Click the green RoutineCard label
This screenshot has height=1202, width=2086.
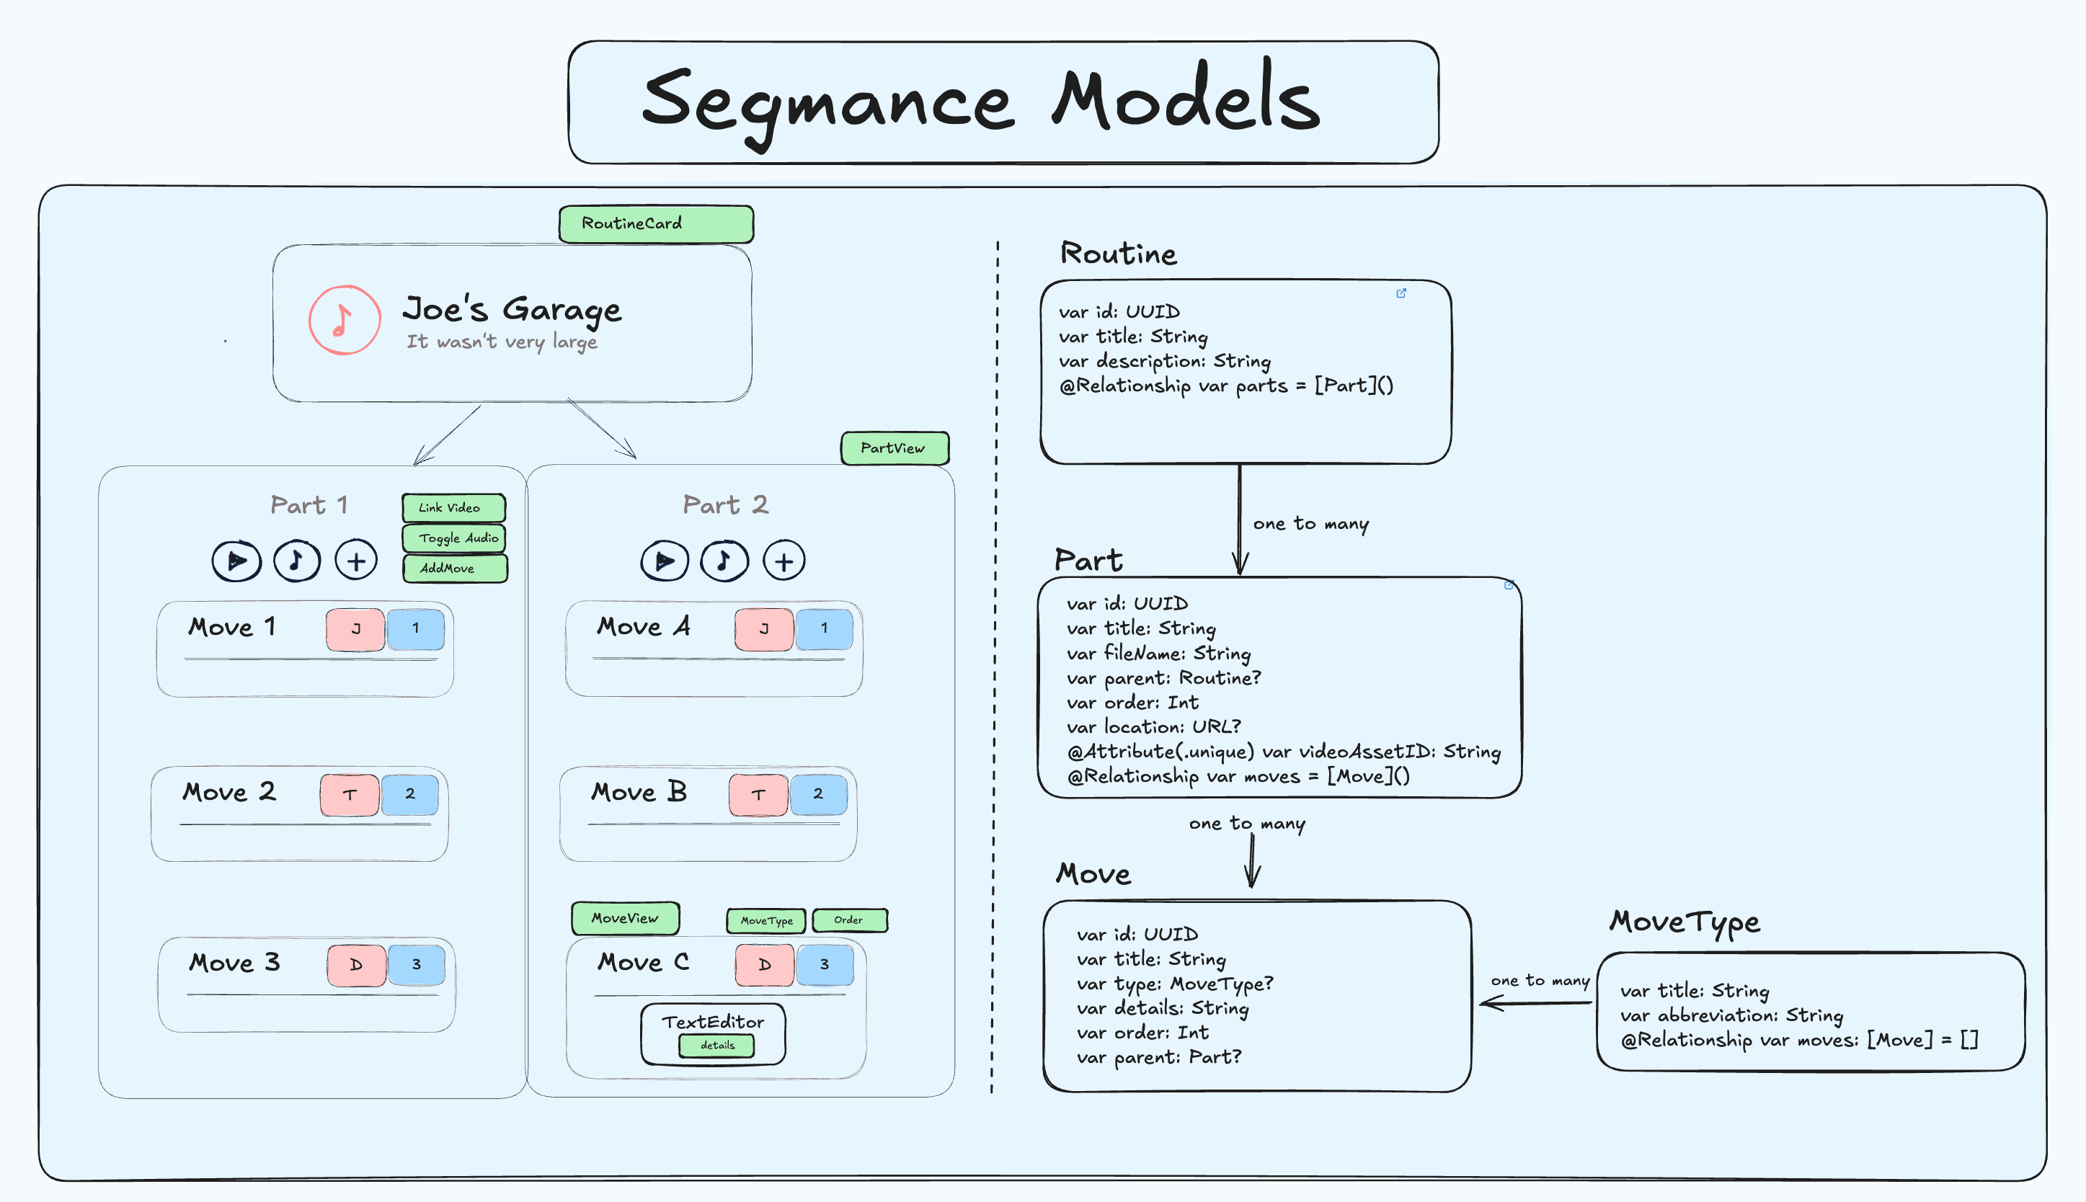655,223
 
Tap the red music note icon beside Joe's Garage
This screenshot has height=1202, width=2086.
345,319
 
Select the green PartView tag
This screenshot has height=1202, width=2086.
894,448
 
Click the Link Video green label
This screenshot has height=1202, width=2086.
453,507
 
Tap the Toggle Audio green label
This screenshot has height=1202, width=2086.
454,538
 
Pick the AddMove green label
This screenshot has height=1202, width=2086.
454,568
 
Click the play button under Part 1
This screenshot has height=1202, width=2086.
237,561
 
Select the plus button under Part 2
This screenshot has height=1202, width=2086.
784,561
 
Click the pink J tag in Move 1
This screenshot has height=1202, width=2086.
355,629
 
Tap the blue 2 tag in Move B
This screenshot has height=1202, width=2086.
818,794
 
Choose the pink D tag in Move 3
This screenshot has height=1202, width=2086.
356,964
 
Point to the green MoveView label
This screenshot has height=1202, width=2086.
625,918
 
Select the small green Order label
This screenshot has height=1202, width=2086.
848,920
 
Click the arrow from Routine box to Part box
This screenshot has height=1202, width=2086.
1239,520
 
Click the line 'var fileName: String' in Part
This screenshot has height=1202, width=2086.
1158,653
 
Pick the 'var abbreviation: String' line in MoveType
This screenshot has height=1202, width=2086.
1731,1015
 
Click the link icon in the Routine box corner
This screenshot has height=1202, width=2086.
1401,293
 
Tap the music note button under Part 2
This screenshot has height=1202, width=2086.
724,561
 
